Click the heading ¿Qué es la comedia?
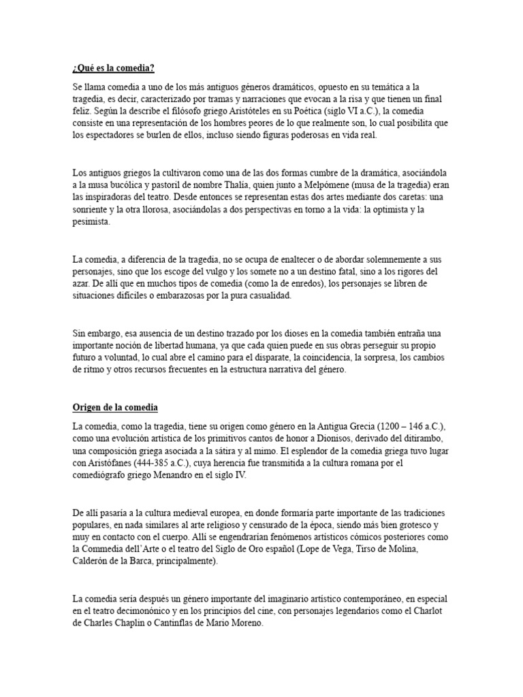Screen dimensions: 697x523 click(x=114, y=68)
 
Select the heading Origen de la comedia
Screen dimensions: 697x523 click(x=115, y=408)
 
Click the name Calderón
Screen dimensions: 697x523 click(x=93, y=562)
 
